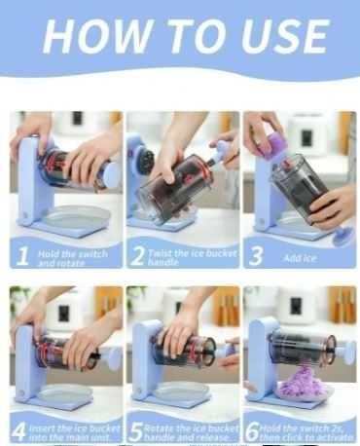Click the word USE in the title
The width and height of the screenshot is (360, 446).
[x=284, y=36]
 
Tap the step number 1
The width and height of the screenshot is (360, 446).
[x=22, y=256]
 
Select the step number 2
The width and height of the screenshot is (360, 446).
[x=137, y=256]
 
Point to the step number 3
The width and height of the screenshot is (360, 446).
[x=256, y=256]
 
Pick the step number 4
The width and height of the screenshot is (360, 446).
[x=19, y=432]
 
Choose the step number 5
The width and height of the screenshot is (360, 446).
[x=136, y=432]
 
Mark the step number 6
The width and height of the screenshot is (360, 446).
[x=252, y=432]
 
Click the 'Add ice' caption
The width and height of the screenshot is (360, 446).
[x=300, y=258]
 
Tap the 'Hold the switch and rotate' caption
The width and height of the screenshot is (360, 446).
[x=73, y=258]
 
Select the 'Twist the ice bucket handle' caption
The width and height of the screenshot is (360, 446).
[x=193, y=257]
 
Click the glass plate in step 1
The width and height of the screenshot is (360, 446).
[x=78, y=216]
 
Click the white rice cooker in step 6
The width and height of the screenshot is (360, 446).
[x=296, y=309]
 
